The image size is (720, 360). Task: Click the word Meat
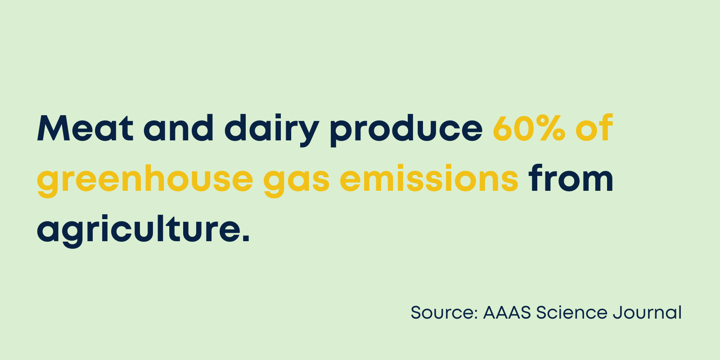tap(85, 128)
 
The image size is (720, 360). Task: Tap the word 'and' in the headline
tap(178, 128)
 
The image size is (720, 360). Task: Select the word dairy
tap(272, 130)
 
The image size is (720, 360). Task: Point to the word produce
tap(406, 130)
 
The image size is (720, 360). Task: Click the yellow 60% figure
tap(529, 128)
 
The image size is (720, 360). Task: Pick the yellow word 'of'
tap(594, 128)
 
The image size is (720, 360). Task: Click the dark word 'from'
tap(571, 178)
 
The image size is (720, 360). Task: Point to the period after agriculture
tap(246, 238)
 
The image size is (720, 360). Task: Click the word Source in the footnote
tap(442, 312)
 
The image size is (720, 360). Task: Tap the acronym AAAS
tap(507, 312)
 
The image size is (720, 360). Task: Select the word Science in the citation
tap(572, 312)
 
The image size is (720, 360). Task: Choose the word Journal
tap(647, 312)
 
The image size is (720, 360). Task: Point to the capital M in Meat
tap(54, 128)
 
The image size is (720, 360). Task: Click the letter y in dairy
tap(306, 133)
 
